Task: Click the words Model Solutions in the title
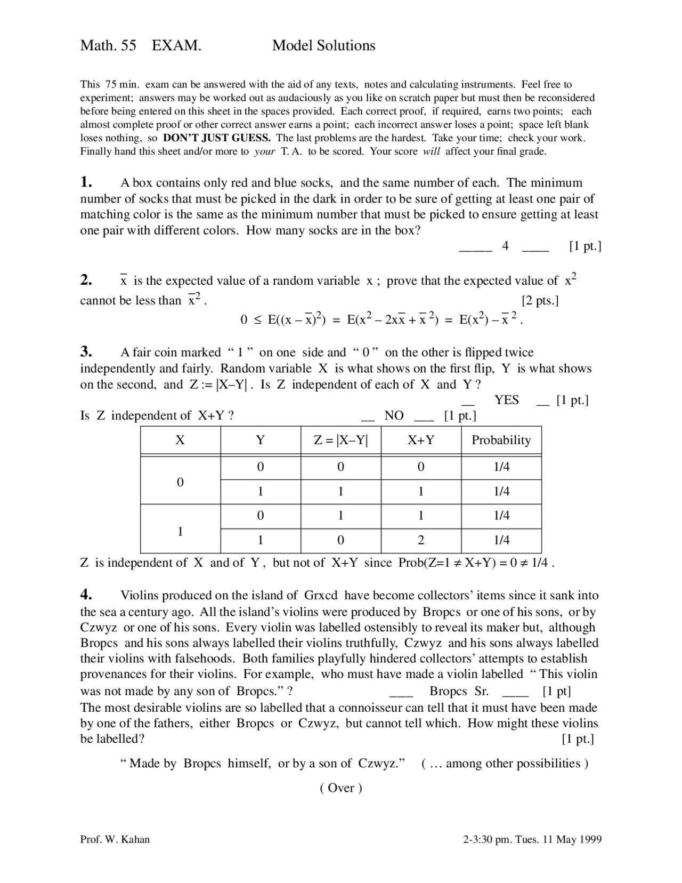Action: click(323, 46)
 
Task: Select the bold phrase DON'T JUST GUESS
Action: click(217, 138)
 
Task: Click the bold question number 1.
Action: click(86, 182)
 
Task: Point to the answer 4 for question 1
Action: click(505, 246)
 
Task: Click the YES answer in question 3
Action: click(506, 400)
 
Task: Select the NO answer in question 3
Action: click(394, 416)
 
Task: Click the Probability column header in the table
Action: click(501, 440)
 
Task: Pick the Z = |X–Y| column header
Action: click(340, 440)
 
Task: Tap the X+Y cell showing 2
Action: click(421, 540)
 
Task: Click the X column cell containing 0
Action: click(180, 482)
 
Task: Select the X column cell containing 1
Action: click(180, 531)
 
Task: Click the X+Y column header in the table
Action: click(421, 440)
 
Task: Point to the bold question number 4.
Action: click(87, 595)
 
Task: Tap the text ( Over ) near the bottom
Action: click(341, 788)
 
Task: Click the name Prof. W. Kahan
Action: click(115, 840)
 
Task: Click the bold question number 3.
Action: click(86, 352)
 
